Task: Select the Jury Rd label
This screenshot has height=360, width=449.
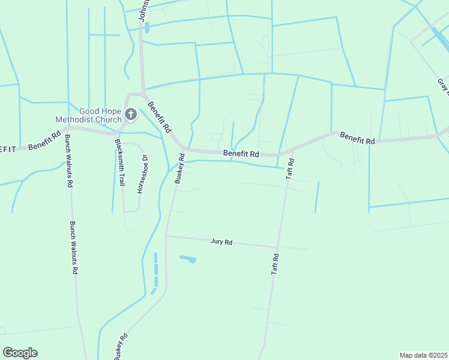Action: [x=221, y=242]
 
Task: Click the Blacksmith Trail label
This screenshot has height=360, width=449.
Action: [x=119, y=162]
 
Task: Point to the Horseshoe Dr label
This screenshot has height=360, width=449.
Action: [x=142, y=175]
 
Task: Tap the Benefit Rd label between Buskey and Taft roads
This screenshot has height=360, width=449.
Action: [x=241, y=154]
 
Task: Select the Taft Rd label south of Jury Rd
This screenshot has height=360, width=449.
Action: [x=275, y=264]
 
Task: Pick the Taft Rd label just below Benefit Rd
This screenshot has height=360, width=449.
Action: [x=290, y=169]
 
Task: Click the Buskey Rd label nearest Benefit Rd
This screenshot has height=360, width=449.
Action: [x=178, y=169]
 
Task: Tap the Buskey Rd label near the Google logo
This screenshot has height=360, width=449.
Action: [x=122, y=346]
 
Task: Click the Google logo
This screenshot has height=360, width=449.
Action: [x=20, y=353]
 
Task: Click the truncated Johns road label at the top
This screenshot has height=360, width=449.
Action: [x=143, y=11]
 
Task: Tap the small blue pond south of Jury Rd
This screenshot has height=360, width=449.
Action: [x=188, y=259]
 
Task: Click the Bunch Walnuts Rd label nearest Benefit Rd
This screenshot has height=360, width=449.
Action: [x=68, y=161]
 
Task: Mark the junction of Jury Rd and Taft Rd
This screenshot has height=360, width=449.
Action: [x=277, y=247]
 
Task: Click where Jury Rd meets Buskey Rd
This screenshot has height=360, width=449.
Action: [x=166, y=236]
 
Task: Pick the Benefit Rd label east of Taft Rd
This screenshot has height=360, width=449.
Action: [x=357, y=137]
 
